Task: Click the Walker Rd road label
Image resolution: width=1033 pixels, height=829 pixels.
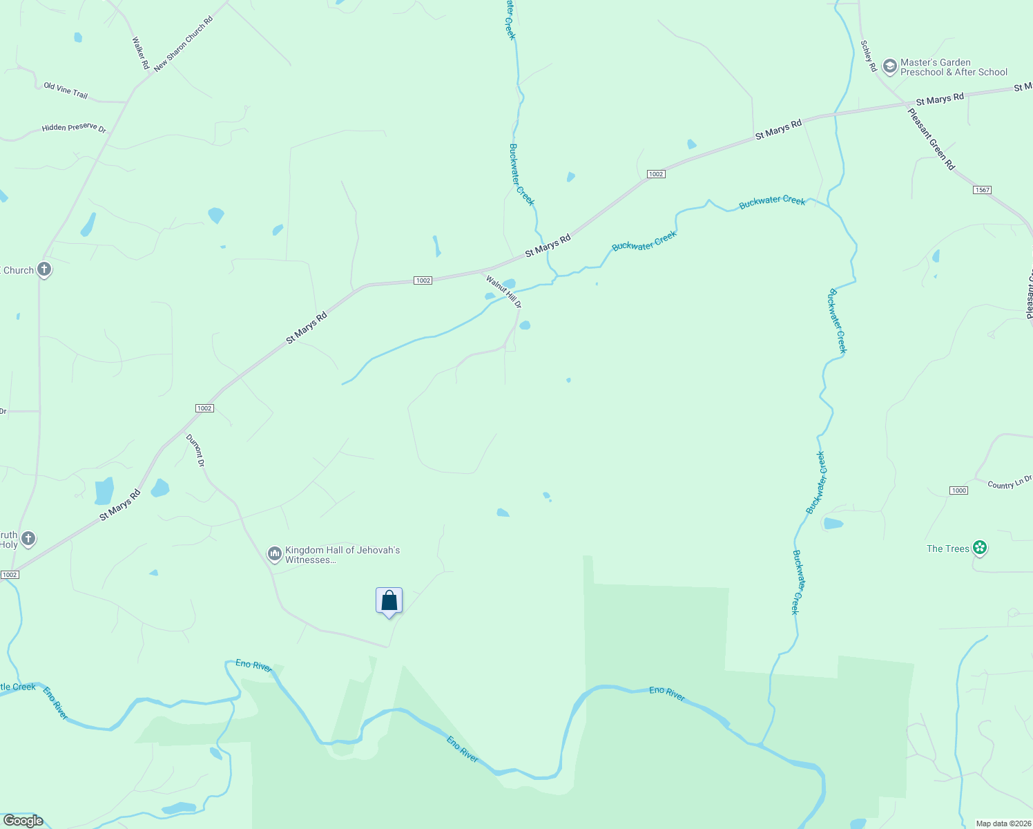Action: pyautogui.click(x=140, y=53)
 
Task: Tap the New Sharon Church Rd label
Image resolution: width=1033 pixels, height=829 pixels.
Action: pyautogui.click(x=184, y=43)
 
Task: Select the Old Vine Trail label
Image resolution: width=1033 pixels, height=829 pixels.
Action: pyautogui.click(x=66, y=90)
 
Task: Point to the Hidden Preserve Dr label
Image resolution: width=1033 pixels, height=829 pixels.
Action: pyautogui.click(x=74, y=128)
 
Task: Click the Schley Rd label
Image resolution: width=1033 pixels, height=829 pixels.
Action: pyautogui.click(x=868, y=56)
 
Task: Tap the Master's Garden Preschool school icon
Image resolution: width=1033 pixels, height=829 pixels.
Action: pyautogui.click(x=890, y=66)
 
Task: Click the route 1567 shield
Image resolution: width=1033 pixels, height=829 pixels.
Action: pyautogui.click(x=982, y=190)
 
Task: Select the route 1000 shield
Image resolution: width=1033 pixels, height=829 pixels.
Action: pyautogui.click(x=958, y=490)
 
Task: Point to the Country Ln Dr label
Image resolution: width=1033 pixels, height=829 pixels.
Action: pyautogui.click(x=1009, y=483)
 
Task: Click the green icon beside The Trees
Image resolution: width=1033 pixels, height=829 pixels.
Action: pyautogui.click(x=979, y=548)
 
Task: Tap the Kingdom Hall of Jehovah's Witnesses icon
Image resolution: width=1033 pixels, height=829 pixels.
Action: pyautogui.click(x=274, y=553)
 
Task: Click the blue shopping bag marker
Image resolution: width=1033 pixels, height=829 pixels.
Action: pyautogui.click(x=389, y=600)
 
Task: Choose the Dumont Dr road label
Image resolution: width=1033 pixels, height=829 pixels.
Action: pyautogui.click(x=195, y=450)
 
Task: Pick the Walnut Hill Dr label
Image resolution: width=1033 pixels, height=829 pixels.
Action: pyautogui.click(x=504, y=292)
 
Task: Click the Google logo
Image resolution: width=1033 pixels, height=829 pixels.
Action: pyautogui.click(x=23, y=821)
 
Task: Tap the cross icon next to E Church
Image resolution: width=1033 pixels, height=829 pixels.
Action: pyautogui.click(x=44, y=269)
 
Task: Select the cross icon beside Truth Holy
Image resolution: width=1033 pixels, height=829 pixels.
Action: pyautogui.click(x=28, y=538)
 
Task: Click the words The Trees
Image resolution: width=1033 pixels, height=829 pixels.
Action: pyautogui.click(x=948, y=549)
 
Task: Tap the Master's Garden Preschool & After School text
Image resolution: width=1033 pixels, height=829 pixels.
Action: pyautogui.click(x=954, y=67)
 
